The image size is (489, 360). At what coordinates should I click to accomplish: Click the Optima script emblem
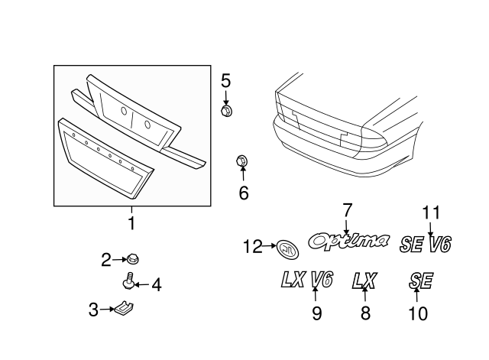click(x=348, y=242)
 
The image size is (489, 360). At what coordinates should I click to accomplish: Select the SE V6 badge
click(x=426, y=244)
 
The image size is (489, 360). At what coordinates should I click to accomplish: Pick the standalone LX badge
click(x=364, y=281)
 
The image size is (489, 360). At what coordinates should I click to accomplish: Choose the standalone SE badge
click(x=419, y=281)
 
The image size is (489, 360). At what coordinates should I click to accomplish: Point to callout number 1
click(x=131, y=224)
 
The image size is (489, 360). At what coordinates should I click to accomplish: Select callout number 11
click(x=431, y=212)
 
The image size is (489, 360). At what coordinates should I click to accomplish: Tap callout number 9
click(x=316, y=313)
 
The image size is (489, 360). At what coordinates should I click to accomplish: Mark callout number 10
click(x=418, y=313)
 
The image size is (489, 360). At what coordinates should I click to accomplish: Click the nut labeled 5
click(x=226, y=112)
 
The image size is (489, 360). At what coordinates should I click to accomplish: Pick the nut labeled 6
click(x=242, y=161)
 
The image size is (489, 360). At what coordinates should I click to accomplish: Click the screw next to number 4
click(x=129, y=284)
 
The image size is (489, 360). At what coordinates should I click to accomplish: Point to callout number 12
click(x=252, y=246)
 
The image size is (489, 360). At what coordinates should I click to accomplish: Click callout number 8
click(x=365, y=313)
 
